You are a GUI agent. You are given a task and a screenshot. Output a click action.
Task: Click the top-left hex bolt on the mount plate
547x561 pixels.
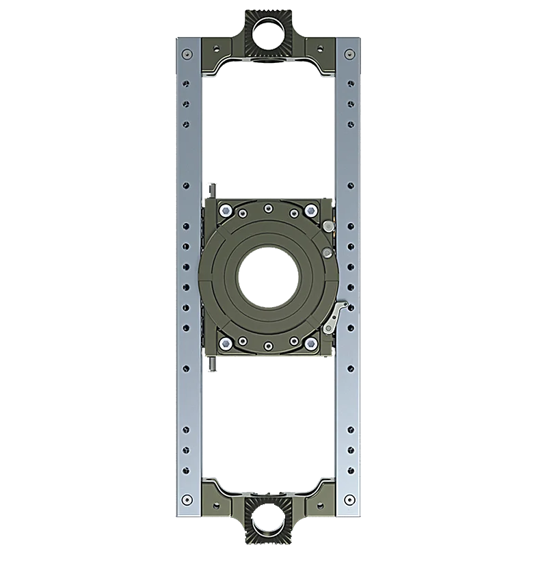click(225, 209)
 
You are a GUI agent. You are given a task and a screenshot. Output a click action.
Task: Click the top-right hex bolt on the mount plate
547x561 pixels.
click(311, 209)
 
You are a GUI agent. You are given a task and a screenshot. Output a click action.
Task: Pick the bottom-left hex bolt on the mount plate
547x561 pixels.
click(225, 343)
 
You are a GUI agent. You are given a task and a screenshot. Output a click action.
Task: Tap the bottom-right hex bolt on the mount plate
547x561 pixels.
click(311, 343)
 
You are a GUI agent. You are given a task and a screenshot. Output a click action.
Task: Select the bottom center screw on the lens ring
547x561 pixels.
click(268, 346)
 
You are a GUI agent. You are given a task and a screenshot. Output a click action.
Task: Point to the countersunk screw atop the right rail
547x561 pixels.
click(349, 54)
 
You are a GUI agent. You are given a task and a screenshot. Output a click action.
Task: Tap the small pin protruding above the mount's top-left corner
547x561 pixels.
click(213, 188)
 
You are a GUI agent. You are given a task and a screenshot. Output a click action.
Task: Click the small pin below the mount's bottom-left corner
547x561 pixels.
click(213, 365)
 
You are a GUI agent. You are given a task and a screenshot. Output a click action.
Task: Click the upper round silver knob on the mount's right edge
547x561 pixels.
click(331, 227)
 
